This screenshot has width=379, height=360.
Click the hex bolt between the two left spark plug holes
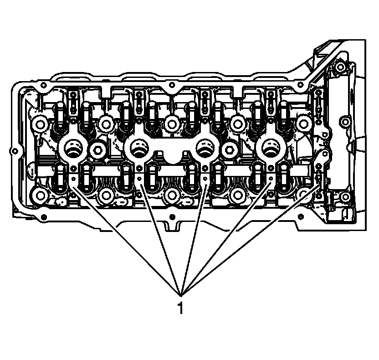tap(98, 150)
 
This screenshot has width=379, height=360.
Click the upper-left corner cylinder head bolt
tap(40, 123)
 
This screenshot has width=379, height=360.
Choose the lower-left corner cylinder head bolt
tap(40, 196)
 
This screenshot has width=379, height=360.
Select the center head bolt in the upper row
tap(172, 122)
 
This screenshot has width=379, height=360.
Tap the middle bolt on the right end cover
tap(345, 122)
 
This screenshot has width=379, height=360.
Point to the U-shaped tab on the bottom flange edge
tap(172, 225)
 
